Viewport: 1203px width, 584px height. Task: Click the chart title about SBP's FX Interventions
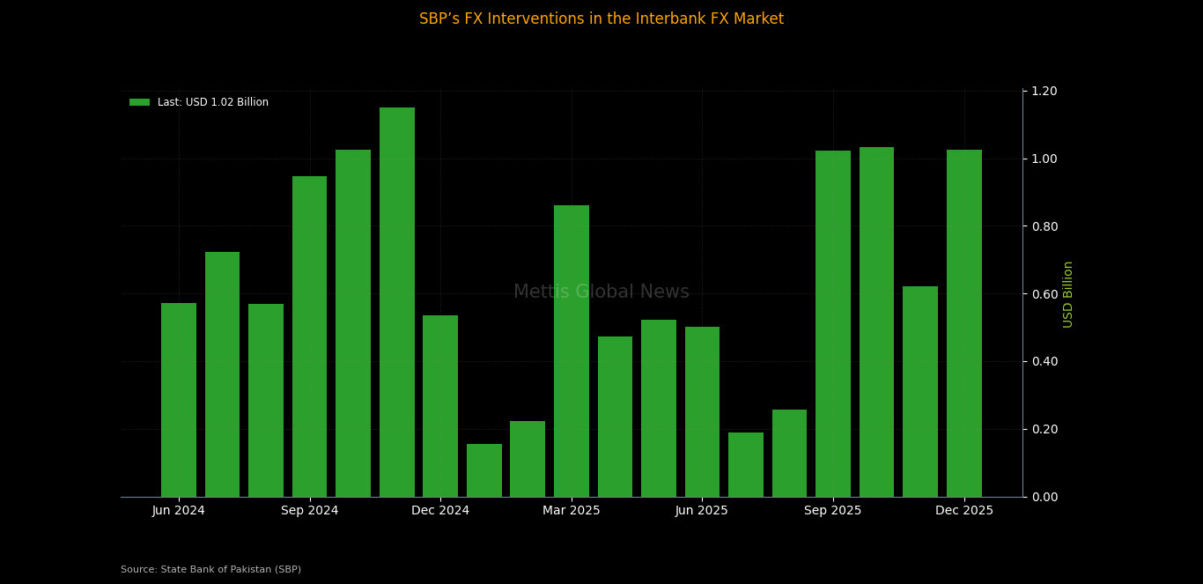pyautogui.click(x=601, y=19)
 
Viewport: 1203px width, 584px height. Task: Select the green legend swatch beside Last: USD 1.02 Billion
pyautogui.click(x=139, y=102)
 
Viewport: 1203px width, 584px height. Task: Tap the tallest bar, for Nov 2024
pyautogui.click(x=397, y=302)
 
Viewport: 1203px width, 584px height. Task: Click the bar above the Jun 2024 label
pyautogui.click(x=179, y=400)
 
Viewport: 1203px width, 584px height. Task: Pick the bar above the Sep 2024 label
pyautogui.click(x=310, y=336)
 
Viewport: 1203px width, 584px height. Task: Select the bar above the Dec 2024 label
pyautogui.click(x=440, y=406)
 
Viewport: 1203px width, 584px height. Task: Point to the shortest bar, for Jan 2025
pyautogui.click(x=484, y=470)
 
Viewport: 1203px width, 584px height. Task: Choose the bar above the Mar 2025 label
pyautogui.click(x=572, y=351)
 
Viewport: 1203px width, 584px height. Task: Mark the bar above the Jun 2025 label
pyautogui.click(x=702, y=411)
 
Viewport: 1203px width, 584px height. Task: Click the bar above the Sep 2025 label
pyautogui.click(x=833, y=323)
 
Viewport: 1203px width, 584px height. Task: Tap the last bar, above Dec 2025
pyautogui.click(x=964, y=323)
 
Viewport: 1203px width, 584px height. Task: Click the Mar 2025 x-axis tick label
pyautogui.click(x=572, y=511)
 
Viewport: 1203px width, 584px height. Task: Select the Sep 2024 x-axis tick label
pyautogui.click(x=310, y=511)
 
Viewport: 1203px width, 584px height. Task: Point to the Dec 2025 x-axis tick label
pyautogui.click(x=964, y=511)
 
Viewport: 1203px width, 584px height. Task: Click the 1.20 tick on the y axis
pyautogui.click(x=1044, y=92)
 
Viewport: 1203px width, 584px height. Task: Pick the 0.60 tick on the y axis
pyautogui.click(x=1044, y=294)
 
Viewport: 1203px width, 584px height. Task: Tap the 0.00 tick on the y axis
pyautogui.click(x=1044, y=497)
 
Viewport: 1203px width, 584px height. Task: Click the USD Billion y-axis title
pyautogui.click(x=1068, y=294)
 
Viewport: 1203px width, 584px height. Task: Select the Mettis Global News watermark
pyautogui.click(x=601, y=292)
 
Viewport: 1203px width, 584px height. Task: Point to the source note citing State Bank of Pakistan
pyautogui.click(x=211, y=570)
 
